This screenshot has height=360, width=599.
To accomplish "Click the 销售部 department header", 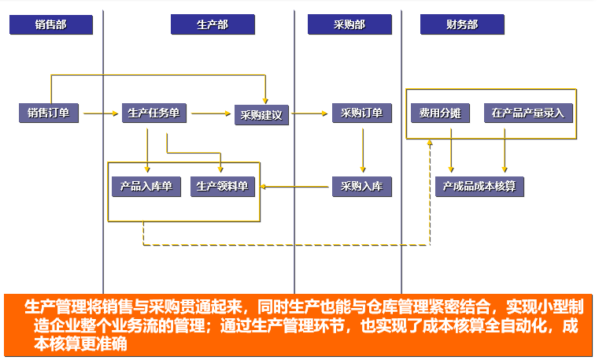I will pos(51,25).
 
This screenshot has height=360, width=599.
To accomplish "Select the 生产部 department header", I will pos(213,25).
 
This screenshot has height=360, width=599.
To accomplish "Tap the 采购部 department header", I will pos(349,25).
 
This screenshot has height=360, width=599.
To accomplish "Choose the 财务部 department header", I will pos(461,25).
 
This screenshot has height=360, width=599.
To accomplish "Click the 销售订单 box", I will pos(48,113).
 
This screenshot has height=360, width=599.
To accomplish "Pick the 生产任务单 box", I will pos(153,113).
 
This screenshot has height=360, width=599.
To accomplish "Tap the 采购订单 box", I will pos(361,113).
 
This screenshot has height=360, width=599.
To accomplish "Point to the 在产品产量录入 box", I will pos(528,113).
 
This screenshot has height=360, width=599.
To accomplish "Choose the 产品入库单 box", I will pos(146,187).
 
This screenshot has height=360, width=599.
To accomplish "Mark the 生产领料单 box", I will pos(221,187).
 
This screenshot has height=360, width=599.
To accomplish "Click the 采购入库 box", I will pos(361,187).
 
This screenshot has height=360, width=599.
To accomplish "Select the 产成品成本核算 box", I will pos(479,187).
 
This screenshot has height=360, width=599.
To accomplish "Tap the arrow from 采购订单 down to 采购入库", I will pos(362,150).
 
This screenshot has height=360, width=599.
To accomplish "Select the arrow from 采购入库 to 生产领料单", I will pos(295,187).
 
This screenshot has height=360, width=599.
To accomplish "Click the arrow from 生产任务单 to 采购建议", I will pos(211,113).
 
